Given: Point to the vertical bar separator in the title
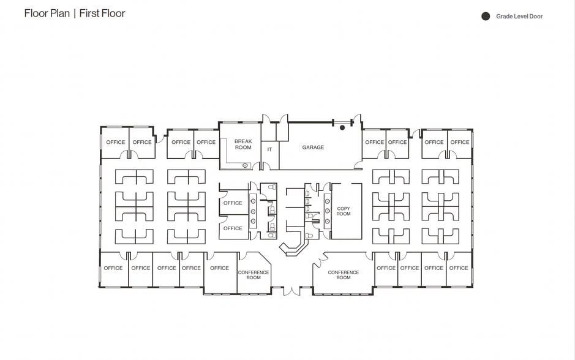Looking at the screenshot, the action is point(75,13).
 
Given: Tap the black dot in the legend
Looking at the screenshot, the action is point(486,16).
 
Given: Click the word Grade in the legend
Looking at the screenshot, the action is point(505,16).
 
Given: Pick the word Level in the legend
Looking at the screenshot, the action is point(521,16).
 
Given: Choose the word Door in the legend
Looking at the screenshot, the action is point(536,16).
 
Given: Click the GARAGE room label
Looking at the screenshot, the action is point(313,148).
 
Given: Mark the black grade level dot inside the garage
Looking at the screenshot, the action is point(342,127).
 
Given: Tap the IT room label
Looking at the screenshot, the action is point(269,149).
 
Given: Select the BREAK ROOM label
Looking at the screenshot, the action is point(243,144).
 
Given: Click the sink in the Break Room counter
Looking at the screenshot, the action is point(245,166).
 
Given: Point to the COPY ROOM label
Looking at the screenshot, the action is point(344,211).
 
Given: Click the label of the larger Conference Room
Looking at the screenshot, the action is point(344,275).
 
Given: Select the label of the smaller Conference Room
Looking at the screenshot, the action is point(254,275).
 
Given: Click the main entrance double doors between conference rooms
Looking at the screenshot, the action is point(292,291).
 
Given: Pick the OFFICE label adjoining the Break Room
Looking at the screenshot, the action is point(206,142).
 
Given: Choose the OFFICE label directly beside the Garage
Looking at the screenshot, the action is point(374,142).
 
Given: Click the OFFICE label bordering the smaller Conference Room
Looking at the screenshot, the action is point(219,268).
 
